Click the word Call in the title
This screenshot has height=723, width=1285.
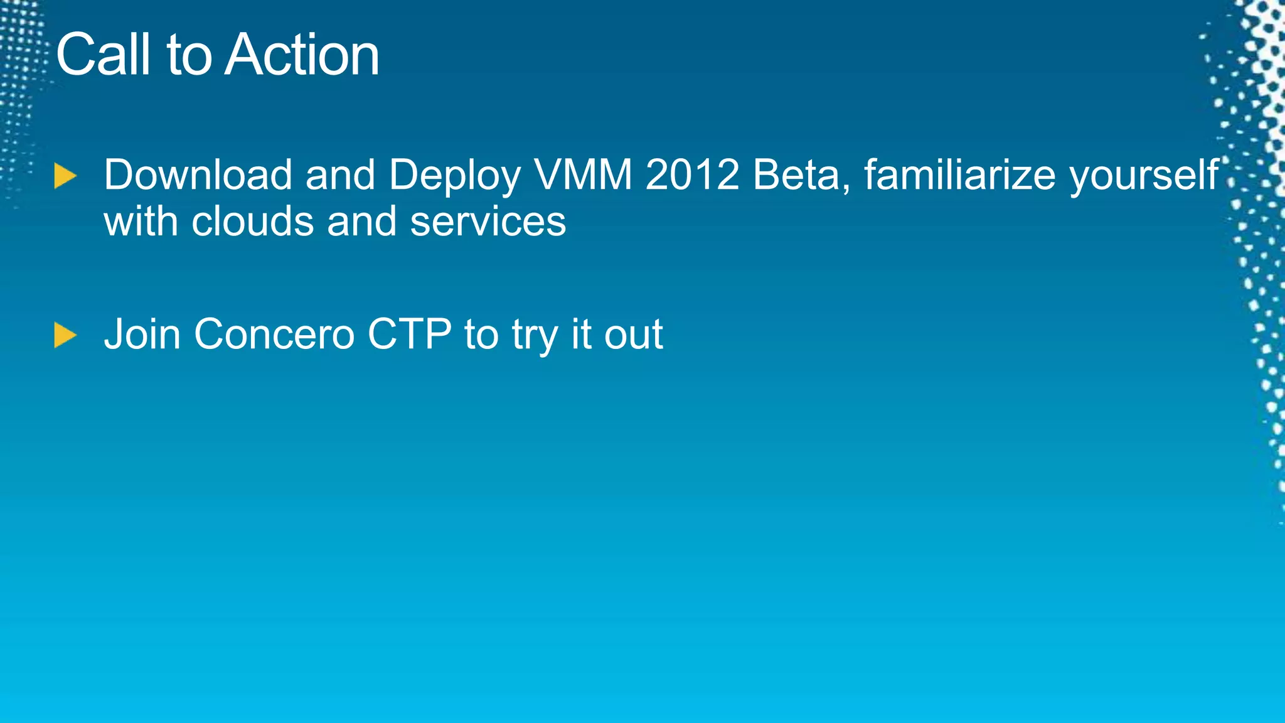click(104, 55)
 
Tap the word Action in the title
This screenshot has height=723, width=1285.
click(302, 55)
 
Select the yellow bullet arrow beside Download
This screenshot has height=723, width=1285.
click(65, 176)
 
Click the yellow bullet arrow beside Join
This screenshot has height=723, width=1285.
click(65, 335)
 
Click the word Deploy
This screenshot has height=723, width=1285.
click(454, 176)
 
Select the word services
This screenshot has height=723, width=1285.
click(488, 223)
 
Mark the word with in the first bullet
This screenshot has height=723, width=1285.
click(141, 222)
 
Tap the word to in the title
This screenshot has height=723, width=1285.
click(189, 55)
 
